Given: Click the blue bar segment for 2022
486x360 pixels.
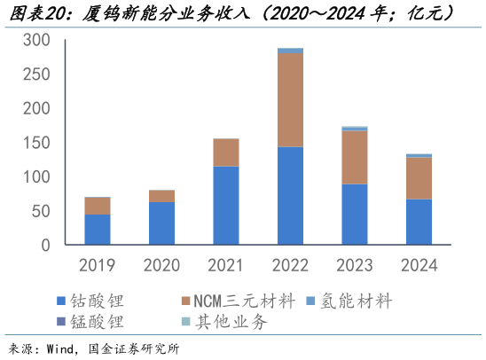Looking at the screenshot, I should [x=290, y=196].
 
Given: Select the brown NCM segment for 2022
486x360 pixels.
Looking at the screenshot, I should [x=290, y=99].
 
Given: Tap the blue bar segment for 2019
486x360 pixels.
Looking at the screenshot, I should [x=98, y=230].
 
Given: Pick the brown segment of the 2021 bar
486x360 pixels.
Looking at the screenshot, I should [x=226, y=153].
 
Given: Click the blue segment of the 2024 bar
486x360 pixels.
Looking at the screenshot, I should [x=419, y=222].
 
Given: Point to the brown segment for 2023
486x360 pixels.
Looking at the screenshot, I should [x=355, y=157].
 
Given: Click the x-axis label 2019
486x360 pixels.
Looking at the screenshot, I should [x=98, y=264].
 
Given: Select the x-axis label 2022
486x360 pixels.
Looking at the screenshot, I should [x=290, y=264].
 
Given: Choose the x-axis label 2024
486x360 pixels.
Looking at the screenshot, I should [x=419, y=264].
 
